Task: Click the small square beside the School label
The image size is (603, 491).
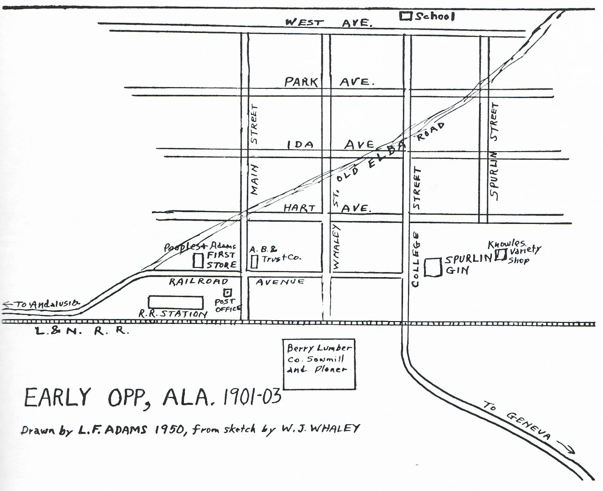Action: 406,16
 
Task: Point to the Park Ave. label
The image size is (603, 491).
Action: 329,82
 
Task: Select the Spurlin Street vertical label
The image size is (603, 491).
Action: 494,150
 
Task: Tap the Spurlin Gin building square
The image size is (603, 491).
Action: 433,267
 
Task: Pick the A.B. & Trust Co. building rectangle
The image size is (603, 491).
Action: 254,262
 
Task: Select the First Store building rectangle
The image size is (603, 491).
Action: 198,261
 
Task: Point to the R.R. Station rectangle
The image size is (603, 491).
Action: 175,303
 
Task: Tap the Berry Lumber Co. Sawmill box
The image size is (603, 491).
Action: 319,364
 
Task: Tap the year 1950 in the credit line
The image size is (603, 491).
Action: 169,430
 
